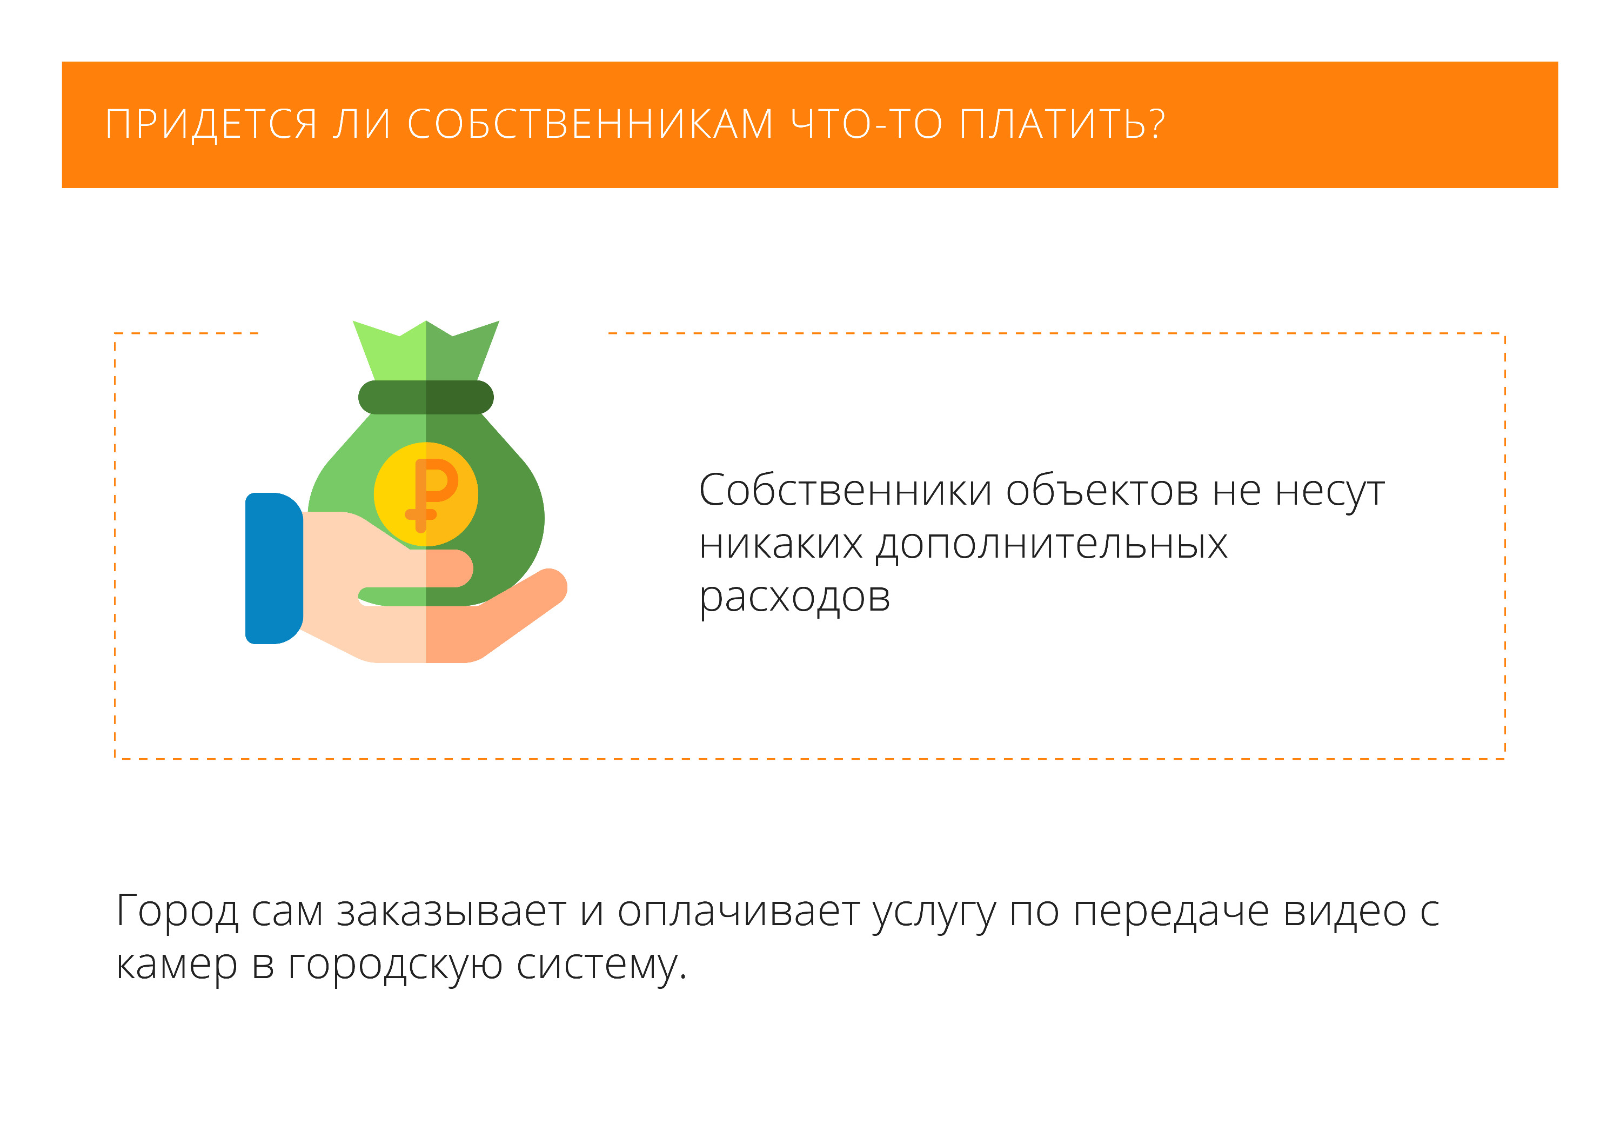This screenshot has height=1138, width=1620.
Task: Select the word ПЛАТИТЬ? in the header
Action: [1062, 124]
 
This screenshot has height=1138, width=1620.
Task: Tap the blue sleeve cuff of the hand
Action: [274, 568]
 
